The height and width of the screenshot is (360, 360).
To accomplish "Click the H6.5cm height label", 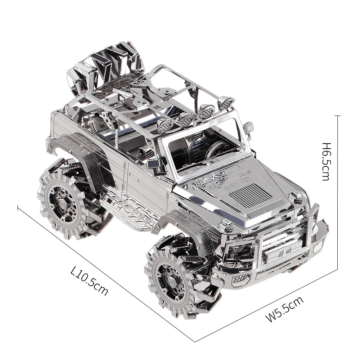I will click(x=326, y=161).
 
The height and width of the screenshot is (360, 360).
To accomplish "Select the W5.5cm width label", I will click(x=284, y=308).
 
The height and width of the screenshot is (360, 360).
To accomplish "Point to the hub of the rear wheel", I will click(x=60, y=203).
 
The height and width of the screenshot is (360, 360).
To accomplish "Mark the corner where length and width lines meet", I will click(x=195, y=341).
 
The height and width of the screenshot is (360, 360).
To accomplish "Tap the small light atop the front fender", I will click(x=296, y=196).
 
